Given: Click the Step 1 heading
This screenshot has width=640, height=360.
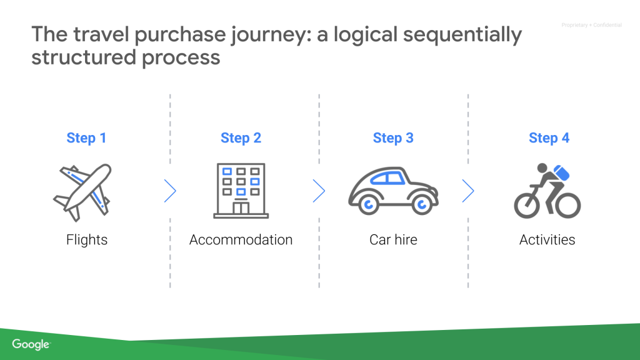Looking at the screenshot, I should pos(86,138).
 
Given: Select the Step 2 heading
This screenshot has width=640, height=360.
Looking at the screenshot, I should pos(241,138).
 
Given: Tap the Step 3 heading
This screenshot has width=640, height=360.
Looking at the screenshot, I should pos(393,138).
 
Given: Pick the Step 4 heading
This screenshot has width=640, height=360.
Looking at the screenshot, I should pos(549,138).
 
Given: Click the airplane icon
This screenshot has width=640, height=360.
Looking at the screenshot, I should pos(82,191).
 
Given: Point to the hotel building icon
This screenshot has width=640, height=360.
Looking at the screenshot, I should pos(241,191).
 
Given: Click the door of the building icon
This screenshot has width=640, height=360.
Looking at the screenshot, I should pos(241,207).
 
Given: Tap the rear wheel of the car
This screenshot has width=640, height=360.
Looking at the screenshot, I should pos(368,204).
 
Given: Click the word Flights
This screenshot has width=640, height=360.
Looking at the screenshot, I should pos(87,240).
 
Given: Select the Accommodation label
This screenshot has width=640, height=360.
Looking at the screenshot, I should pos(241,240).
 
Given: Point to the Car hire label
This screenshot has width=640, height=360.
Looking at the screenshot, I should pos(393,240).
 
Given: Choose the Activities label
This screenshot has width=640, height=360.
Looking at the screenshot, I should pos(547,240).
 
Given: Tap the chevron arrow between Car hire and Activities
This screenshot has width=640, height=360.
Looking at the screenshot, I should pos(468,191).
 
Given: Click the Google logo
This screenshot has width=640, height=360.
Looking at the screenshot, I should pos(31,344).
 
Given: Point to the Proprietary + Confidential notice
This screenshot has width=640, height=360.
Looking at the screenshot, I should pos(591,26).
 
